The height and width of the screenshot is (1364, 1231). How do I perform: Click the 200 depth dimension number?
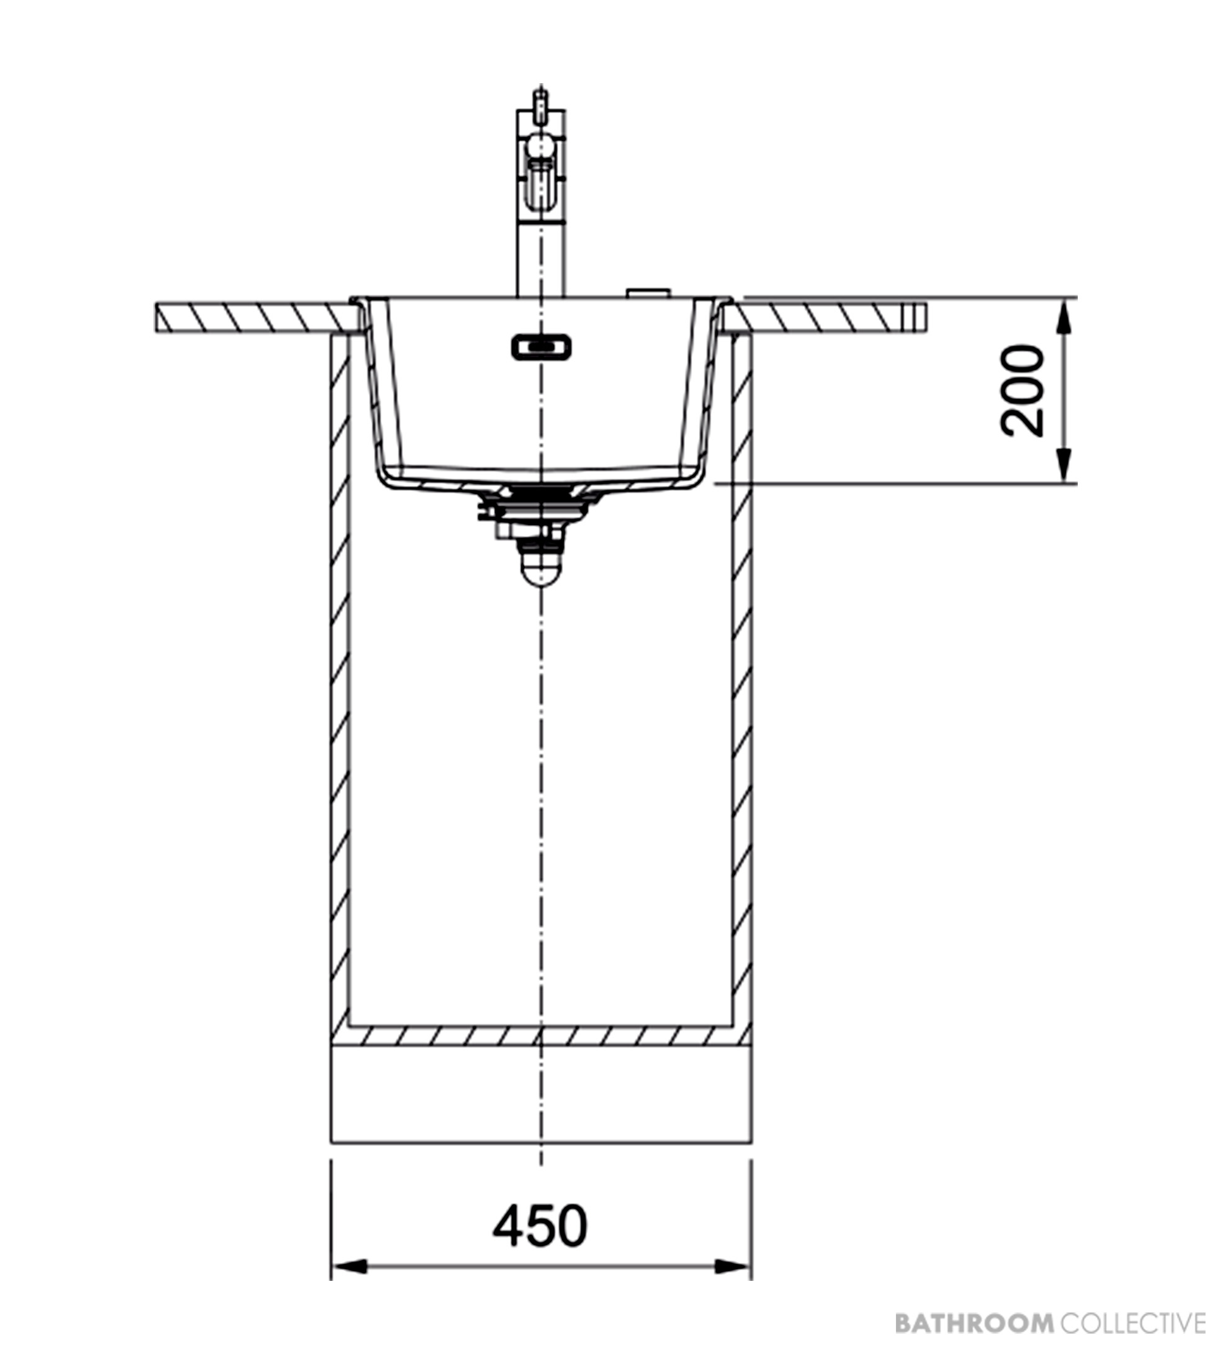coord(1022,390)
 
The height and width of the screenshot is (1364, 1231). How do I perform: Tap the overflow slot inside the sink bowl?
coord(541,347)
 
